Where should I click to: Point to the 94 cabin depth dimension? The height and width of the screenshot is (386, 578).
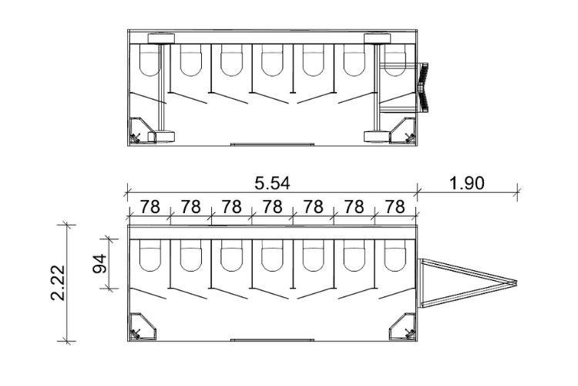pyautogui.click(x=98, y=264)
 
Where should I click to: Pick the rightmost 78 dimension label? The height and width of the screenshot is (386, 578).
pyautogui.click(x=395, y=207)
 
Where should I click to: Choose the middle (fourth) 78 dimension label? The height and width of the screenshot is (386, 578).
pyautogui.click(x=271, y=207)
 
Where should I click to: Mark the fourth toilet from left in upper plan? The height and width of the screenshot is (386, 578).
pyautogui.click(x=271, y=61)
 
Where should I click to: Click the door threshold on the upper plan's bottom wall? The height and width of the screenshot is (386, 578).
pyautogui.click(x=272, y=143)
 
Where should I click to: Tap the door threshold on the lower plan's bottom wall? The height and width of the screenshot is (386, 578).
pyautogui.click(x=272, y=340)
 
